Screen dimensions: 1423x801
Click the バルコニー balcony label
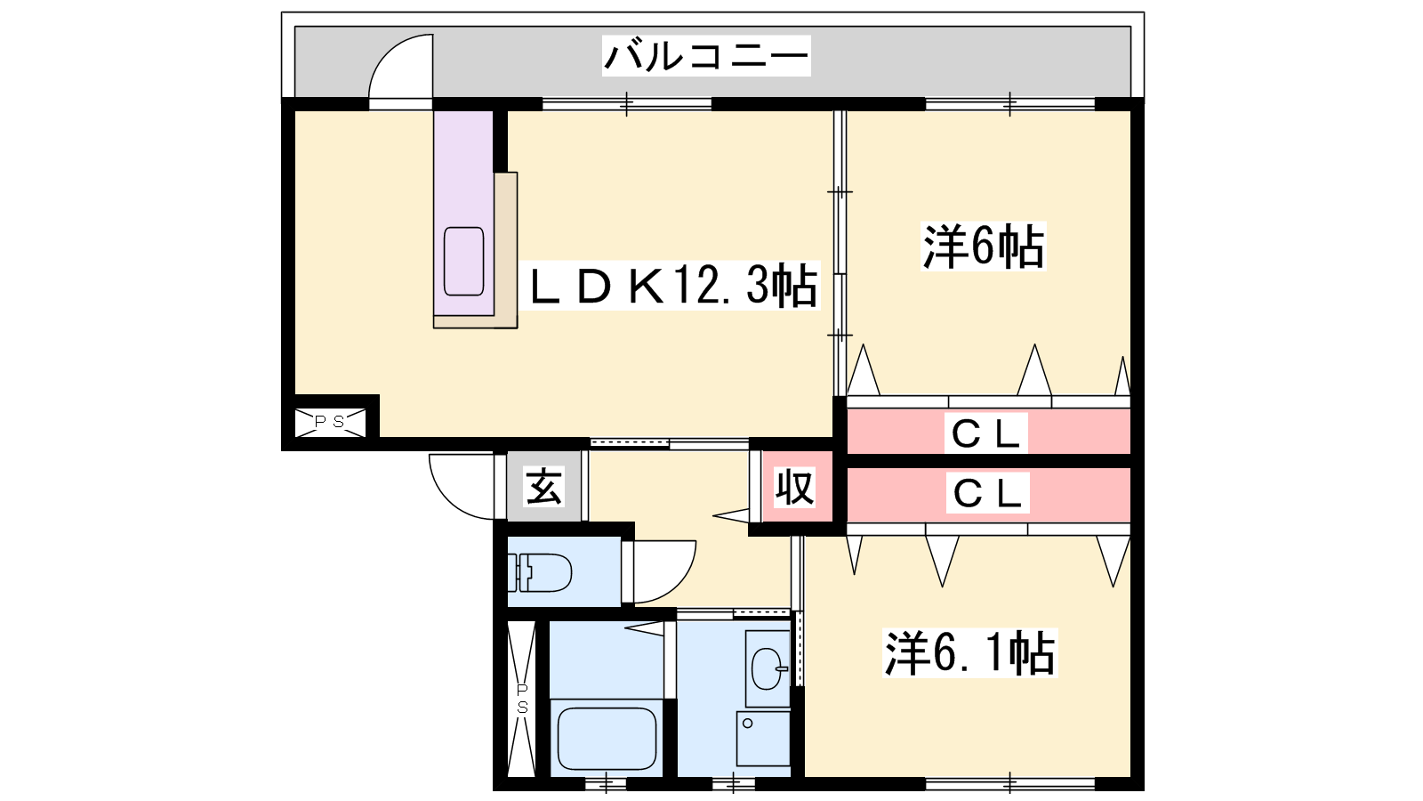coord(706,56)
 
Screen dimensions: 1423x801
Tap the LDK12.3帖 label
coord(672,286)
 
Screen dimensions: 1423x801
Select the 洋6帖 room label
coord(983,246)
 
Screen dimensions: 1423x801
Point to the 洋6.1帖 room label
coord(969,653)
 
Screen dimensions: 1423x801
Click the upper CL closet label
coord(985,433)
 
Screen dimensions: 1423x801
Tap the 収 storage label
coord(795,488)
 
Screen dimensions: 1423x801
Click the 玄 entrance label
coord(543,486)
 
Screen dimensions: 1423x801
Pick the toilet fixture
coord(540,572)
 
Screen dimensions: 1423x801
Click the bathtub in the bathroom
coord(607,740)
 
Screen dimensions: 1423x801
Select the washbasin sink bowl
coord(768,668)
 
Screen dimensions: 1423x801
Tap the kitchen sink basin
coord(463,262)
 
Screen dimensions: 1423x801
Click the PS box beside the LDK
coord(330,423)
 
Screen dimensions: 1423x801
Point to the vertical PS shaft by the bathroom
coord(521,699)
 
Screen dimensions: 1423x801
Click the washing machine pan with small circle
coord(763,739)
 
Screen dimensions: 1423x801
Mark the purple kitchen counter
coord(463,213)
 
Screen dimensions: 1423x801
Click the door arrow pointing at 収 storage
coord(732,515)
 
